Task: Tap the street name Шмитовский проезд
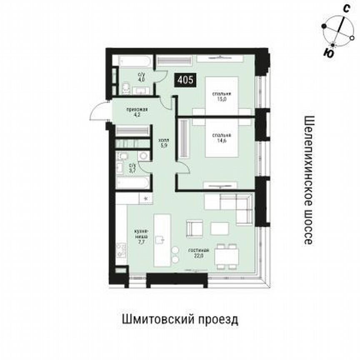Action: coord(180,320)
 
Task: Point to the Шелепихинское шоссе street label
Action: coord(309,180)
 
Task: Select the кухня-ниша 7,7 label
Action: coord(139,236)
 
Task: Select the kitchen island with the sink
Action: coord(162,240)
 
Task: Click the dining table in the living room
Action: coord(227,255)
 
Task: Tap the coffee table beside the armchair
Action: coord(220,228)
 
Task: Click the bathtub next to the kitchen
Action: coord(133,183)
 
